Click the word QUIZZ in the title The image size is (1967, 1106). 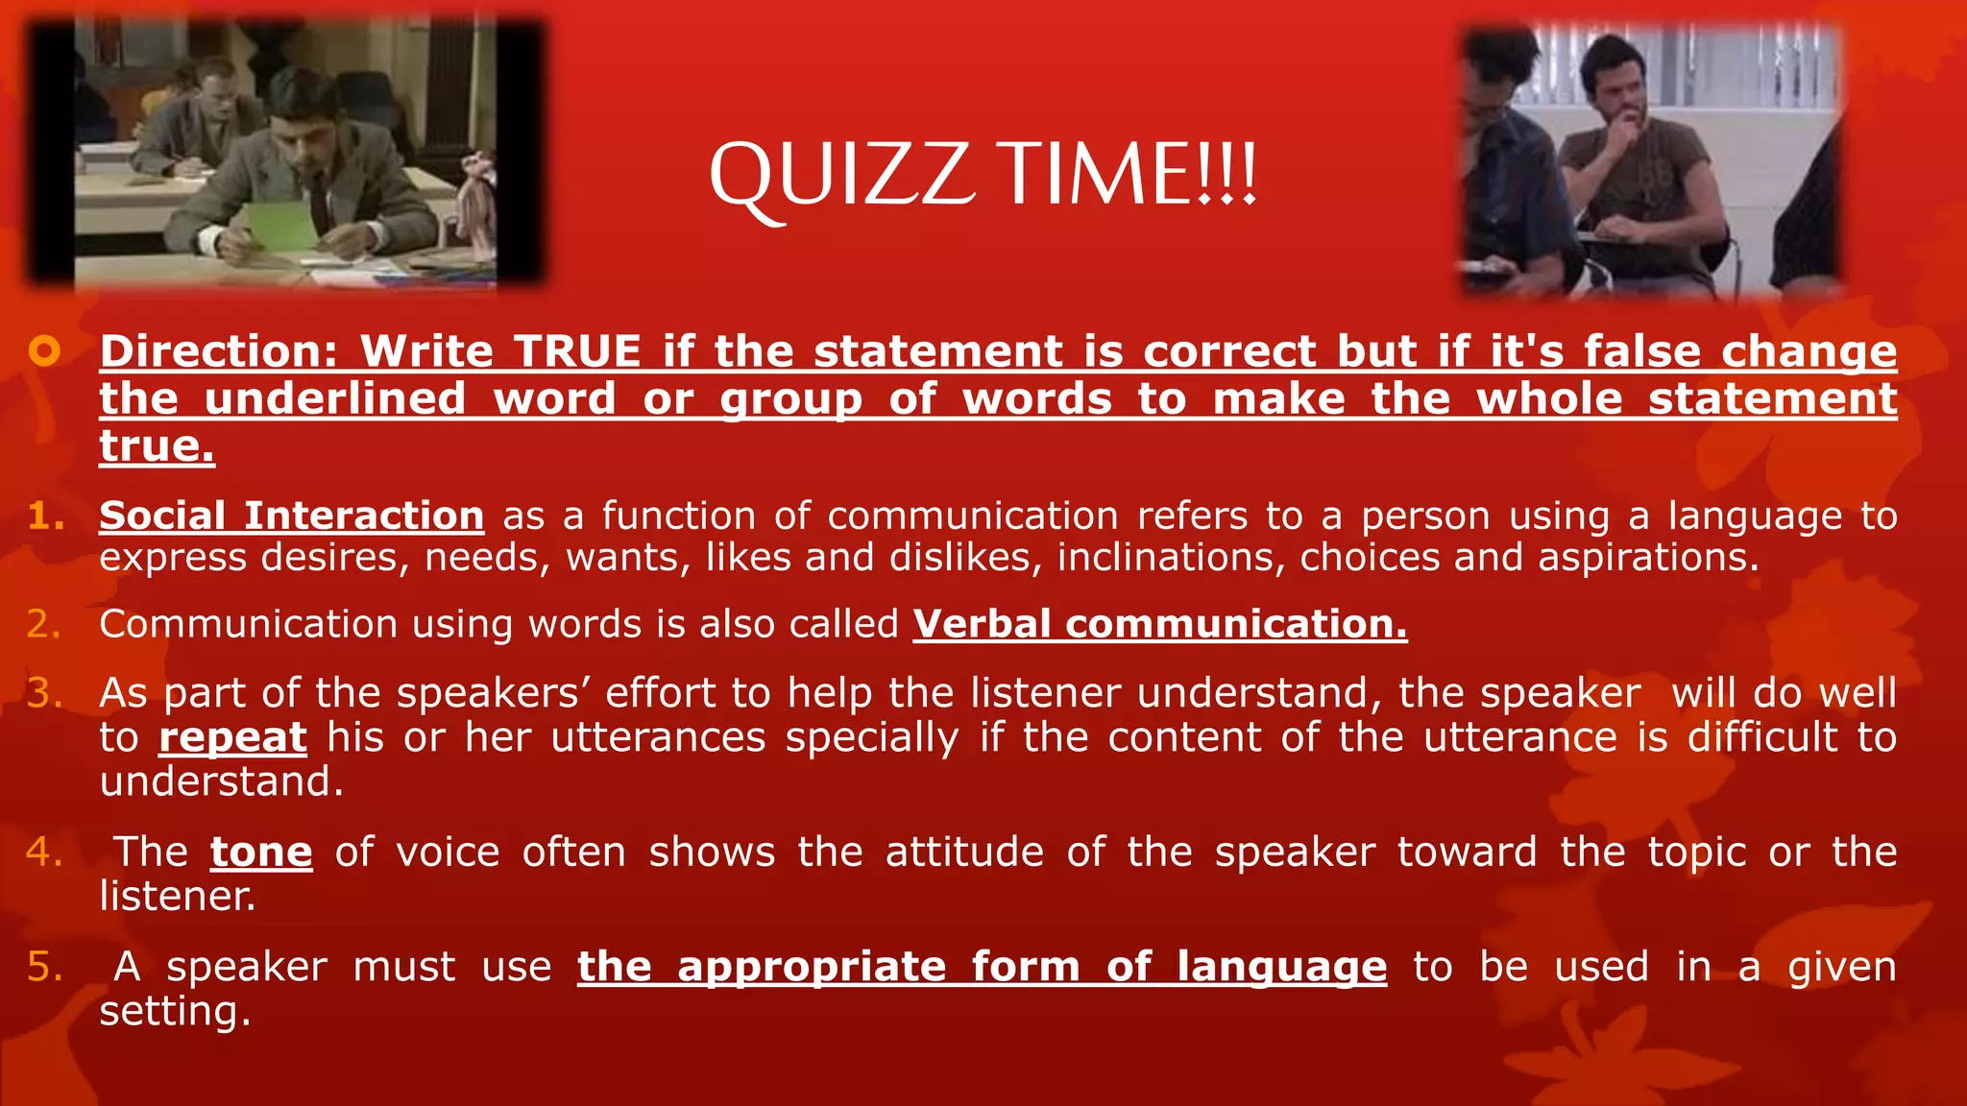point(841,176)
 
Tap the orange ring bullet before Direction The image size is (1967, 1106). point(44,351)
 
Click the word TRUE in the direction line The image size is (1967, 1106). point(576,351)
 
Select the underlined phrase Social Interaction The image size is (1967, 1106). point(291,517)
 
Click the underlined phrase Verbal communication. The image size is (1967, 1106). point(1159,625)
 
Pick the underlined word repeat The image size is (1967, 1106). point(232,738)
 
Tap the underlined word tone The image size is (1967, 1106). point(261,853)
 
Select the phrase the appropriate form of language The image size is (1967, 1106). point(982,967)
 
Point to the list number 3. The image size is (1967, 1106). point(44,693)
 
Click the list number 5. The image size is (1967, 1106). point(44,967)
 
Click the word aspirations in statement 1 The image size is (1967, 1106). point(1647,558)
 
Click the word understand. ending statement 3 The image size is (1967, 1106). point(221,781)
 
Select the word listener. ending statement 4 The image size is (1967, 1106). point(178,897)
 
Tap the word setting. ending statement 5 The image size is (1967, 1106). point(175,1011)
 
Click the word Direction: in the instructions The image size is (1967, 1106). point(219,351)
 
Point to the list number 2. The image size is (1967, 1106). point(44,625)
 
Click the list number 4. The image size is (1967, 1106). point(44,853)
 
